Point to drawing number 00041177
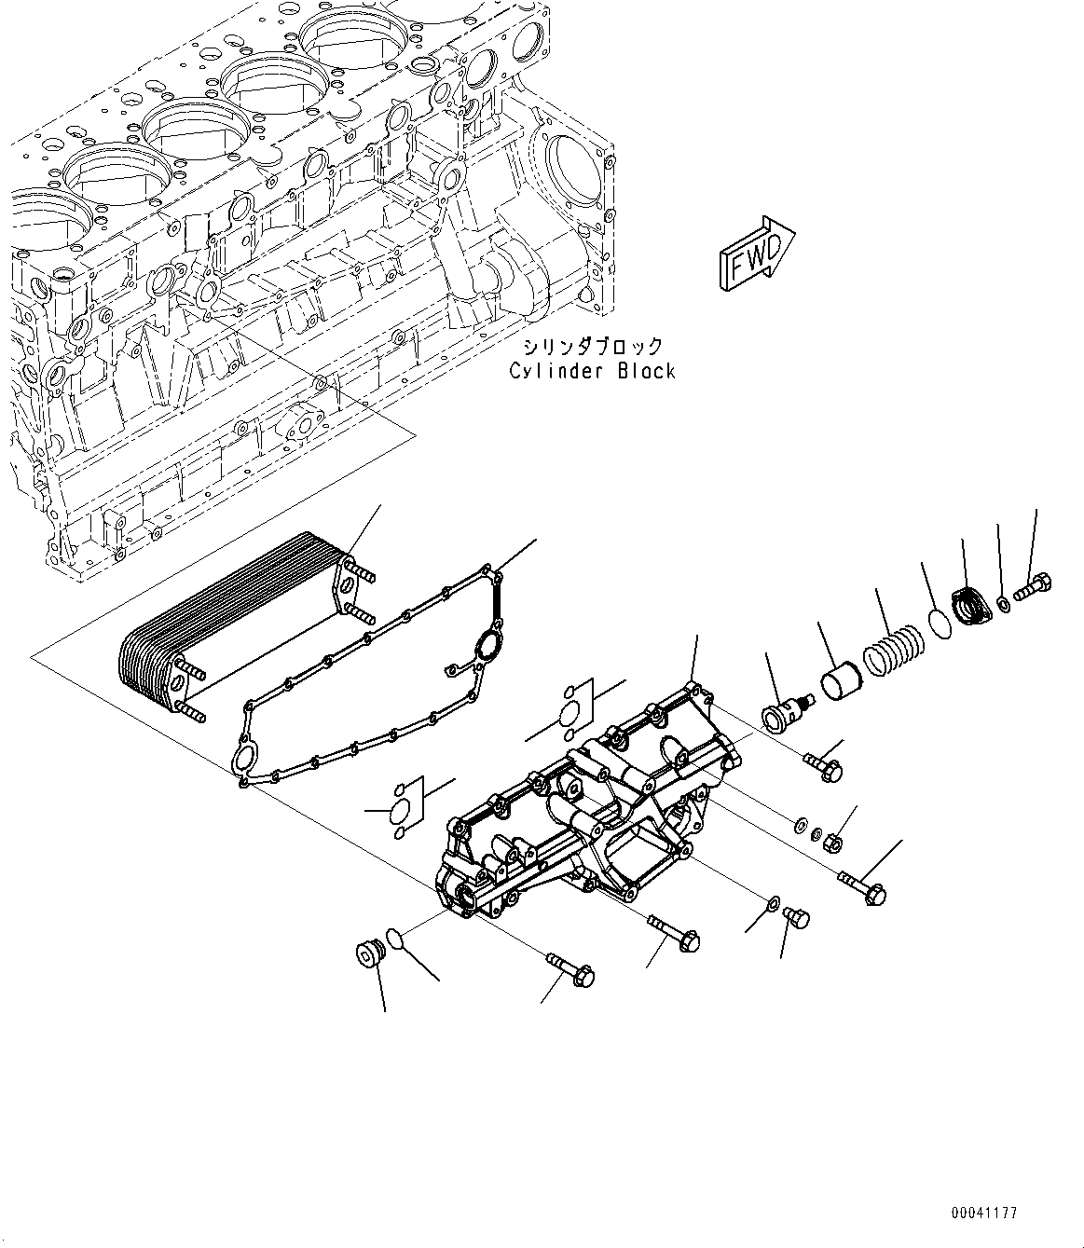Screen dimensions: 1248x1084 [984, 1213]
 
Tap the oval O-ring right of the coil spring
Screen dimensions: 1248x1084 [941, 624]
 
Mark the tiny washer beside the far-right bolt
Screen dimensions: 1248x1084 [1002, 605]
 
